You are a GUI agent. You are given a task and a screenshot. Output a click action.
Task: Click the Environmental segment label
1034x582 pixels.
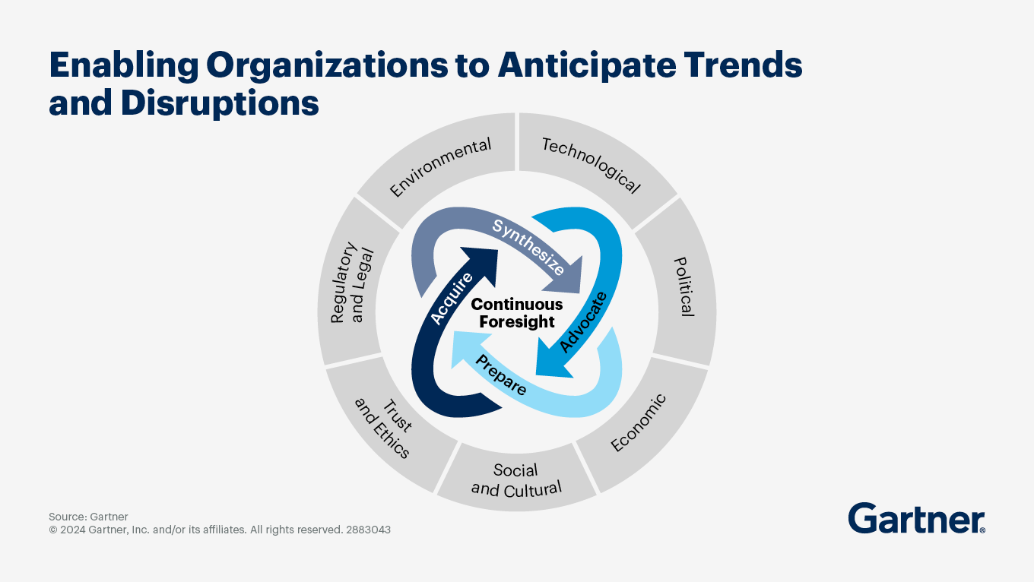pyautogui.click(x=440, y=167)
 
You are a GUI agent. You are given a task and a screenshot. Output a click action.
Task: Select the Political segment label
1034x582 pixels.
pyautogui.click(x=684, y=286)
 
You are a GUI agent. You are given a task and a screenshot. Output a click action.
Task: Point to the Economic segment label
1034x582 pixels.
pyautogui.click(x=639, y=422)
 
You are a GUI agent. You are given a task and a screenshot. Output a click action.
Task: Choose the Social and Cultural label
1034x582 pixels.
pyautogui.click(x=516, y=479)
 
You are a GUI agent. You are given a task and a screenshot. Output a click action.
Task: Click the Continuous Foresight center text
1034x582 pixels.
pyautogui.click(x=517, y=313)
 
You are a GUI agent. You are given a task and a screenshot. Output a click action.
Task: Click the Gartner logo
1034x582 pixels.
pyautogui.click(x=916, y=518)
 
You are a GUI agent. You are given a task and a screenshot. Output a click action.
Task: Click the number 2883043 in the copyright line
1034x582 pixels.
pyautogui.click(x=368, y=530)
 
